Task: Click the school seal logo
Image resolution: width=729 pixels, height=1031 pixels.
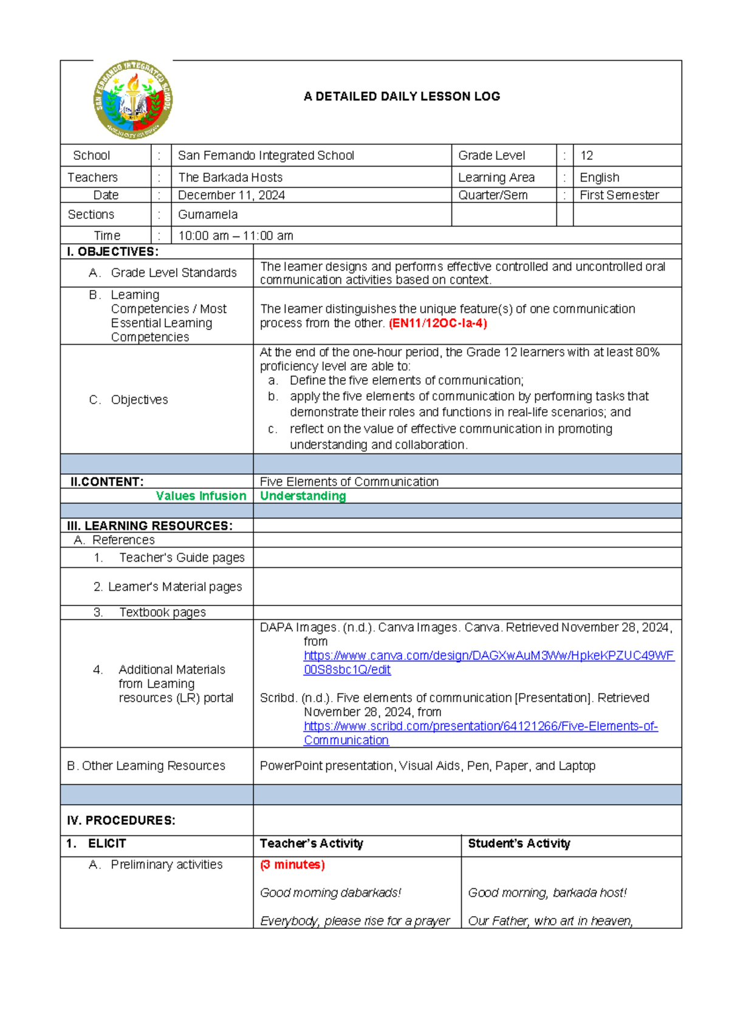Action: [x=133, y=99]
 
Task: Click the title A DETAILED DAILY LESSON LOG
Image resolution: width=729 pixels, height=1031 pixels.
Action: [x=402, y=96]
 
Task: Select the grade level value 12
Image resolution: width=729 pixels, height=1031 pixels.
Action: [x=586, y=156]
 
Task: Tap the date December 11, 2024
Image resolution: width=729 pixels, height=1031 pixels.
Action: [x=231, y=195]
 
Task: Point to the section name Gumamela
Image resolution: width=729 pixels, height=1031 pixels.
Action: [x=208, y=215]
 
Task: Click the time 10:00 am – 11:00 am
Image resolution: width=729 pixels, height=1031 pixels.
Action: [x=236, y=236]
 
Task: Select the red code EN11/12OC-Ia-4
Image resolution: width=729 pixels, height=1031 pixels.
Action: [x=438, y=323]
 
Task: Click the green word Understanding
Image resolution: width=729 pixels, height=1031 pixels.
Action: [x=303, y=496]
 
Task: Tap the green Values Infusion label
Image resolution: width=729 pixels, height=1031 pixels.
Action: [x=201, y=496]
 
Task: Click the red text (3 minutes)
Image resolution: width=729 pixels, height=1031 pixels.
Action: [x=292, y=864]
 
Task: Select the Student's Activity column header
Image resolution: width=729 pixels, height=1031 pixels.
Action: [x=519, y=843]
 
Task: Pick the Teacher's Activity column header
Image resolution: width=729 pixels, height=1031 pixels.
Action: [x=311, y=843]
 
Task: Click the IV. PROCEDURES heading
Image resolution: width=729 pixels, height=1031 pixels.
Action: [x=121, y=821]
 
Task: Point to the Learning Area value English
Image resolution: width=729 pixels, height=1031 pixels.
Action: [x=600, y=178]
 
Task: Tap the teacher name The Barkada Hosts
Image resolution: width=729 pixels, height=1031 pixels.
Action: [x=230, y=178]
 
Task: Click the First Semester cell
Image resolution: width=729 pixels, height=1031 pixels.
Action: [x=619, y=195]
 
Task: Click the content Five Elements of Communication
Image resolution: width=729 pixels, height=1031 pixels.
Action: [x=349, y=482]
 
